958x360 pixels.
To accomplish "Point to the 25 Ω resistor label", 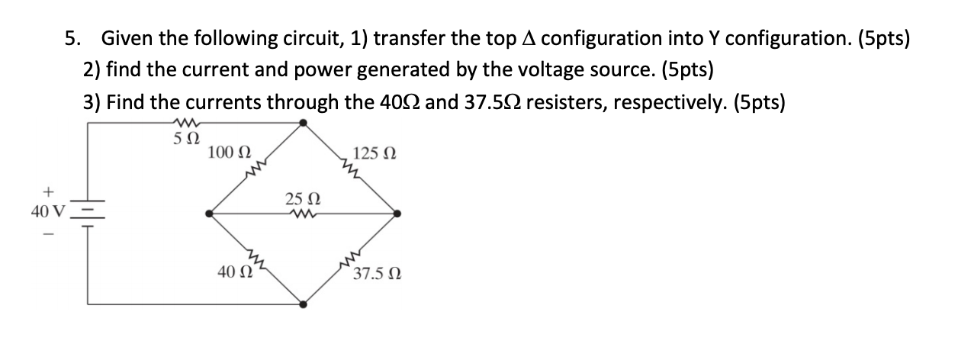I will click(303, 200).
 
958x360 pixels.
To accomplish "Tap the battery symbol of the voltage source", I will click(87, 213).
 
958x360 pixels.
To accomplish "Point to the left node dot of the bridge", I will click(210, 213).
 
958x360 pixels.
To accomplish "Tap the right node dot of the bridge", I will click(397, 213).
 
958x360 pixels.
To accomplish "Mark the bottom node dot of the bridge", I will click(304, 304).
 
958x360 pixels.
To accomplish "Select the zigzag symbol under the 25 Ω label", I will click(303, 214).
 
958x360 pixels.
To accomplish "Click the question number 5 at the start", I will click(71, 38).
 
